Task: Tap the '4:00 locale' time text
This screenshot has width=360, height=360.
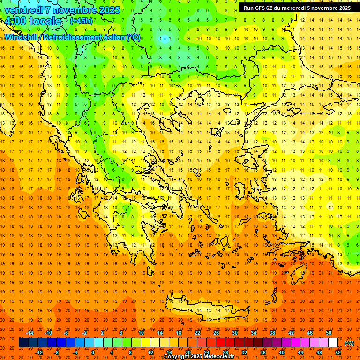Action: (x=33, y=21)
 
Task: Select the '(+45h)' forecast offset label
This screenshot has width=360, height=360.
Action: (x=81, y=21)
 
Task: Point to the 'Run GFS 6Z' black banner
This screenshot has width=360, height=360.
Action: (x=297, y=7)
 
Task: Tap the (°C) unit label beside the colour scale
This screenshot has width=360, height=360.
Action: (x=349, y=343)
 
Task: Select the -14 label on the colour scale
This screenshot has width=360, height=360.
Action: (x=30, y=333)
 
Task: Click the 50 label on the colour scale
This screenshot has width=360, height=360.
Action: (x=328, y=333)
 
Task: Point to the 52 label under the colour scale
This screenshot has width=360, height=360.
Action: (x=338, y=352)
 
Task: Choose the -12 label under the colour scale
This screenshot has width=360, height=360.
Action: (x=39, y=352)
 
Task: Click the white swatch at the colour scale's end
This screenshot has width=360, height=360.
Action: (x=333, y=343)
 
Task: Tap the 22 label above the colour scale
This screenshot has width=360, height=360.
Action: (x=197, y=333)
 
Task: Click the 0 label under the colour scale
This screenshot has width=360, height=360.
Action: (x=93, y=352)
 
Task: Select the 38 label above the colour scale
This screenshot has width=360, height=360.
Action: (x=272, y=333)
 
